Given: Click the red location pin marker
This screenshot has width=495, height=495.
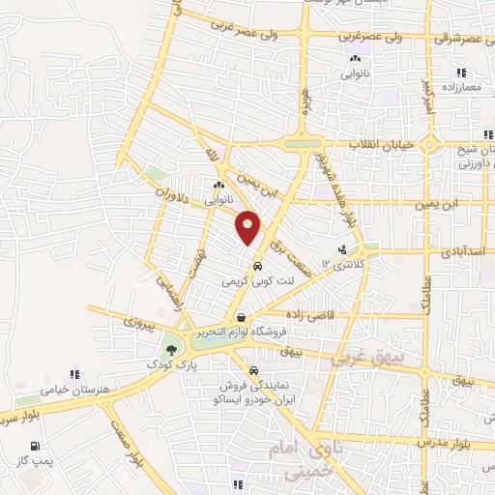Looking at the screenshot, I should tap(248, 226).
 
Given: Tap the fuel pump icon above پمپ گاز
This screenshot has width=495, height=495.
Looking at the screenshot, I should tap(36, 447).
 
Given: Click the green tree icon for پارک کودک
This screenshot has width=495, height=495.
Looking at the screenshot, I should tap(172, 350).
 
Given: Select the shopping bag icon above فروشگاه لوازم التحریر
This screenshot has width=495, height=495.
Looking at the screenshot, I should tap(240, 317).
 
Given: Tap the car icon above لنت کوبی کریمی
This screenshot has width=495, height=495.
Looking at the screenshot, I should tap(257, 266).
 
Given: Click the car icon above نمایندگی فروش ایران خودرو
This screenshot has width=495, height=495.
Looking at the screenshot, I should tap(252, 370).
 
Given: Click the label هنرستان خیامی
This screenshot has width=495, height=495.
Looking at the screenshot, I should tap(70, 390).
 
